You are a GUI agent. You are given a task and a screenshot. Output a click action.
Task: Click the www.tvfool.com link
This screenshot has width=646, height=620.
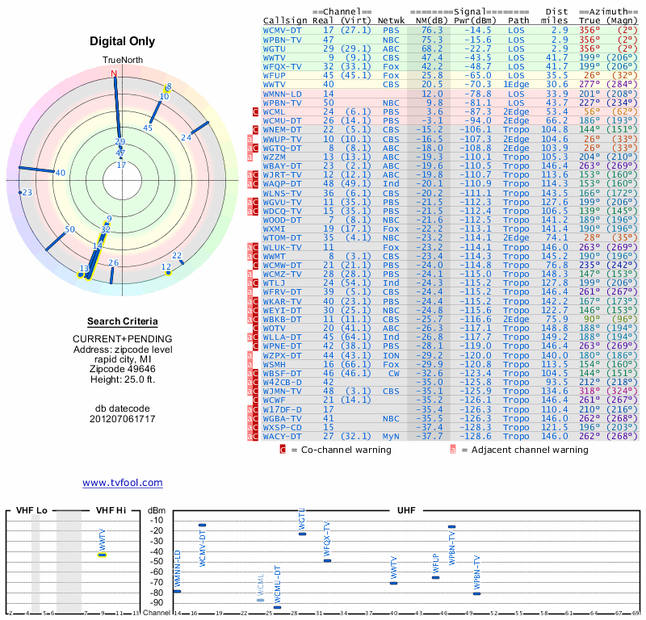tap(122, 483)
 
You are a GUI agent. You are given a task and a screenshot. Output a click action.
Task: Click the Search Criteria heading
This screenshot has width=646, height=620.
tap(122, 321)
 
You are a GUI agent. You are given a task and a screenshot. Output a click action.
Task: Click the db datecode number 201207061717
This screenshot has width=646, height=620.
tap(122, 418)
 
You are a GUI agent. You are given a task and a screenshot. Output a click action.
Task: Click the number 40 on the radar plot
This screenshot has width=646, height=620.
tap(61, 173)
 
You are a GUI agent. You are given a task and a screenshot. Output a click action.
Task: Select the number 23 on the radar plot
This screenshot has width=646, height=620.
tap(27, 192)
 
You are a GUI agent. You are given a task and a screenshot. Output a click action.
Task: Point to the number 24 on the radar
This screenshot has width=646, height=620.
tap(186, 138)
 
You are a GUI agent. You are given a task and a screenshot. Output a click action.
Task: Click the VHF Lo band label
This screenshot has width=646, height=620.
tap(30, 511)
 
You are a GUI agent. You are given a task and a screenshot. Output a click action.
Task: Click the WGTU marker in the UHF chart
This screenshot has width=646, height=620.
tap(302, 534)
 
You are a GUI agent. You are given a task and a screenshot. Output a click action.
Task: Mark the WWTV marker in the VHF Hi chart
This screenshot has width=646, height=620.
tap(103, 555)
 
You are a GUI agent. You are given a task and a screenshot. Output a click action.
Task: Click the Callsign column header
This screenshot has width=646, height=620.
tap(285, 20)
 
